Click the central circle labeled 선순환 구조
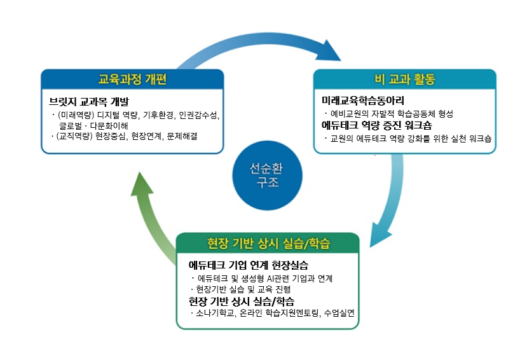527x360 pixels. click(264, 175)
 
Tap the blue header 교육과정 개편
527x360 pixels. click(132, 80)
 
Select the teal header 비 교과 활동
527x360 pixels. click(404, 80)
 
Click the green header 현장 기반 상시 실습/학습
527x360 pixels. click(268, 244)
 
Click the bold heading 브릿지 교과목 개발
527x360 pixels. click(88, 101)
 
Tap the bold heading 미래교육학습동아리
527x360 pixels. click(363, 100)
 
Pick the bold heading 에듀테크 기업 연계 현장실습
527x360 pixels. click(249, 265)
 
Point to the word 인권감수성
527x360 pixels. click(197, 114)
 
